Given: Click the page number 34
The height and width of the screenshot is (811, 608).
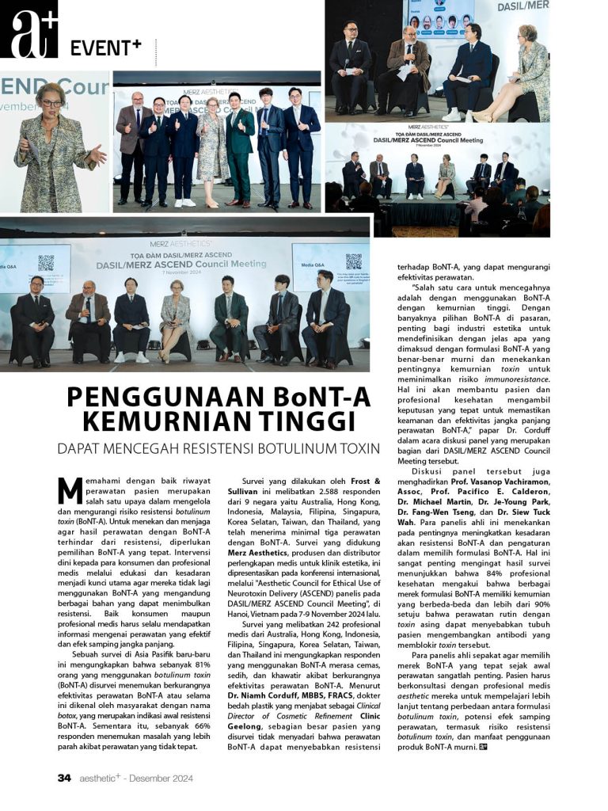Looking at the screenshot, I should click(x=64, y=778).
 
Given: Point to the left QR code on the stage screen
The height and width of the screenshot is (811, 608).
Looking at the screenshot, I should click(x=46, y=263).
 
